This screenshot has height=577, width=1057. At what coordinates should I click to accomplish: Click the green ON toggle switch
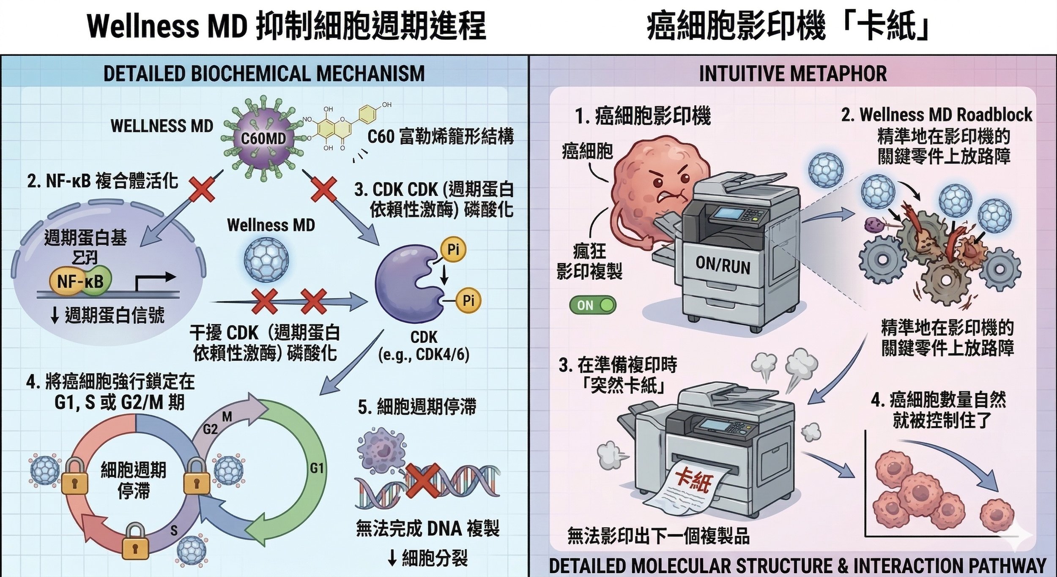point(593,305)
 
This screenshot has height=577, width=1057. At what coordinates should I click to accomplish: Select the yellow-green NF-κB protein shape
point(80,280)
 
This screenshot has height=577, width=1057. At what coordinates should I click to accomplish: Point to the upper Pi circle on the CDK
point(453,249)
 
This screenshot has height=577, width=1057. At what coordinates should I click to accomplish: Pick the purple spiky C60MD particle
point(263,138)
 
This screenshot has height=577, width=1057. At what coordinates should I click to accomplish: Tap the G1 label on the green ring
point(317,468)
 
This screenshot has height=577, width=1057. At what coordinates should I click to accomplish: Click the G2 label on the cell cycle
point(210,429)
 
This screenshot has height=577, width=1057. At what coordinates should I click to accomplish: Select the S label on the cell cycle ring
point(174,530)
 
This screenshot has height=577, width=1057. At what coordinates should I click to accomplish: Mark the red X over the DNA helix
point(423,481)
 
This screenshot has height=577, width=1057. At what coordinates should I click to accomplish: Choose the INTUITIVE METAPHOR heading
point(793,74)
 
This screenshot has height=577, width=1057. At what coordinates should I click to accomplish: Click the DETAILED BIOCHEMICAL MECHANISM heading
point(264,74)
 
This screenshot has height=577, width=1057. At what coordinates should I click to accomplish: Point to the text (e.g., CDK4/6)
point(424,355)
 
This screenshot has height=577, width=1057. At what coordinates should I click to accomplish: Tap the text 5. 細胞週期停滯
point(417,407)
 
